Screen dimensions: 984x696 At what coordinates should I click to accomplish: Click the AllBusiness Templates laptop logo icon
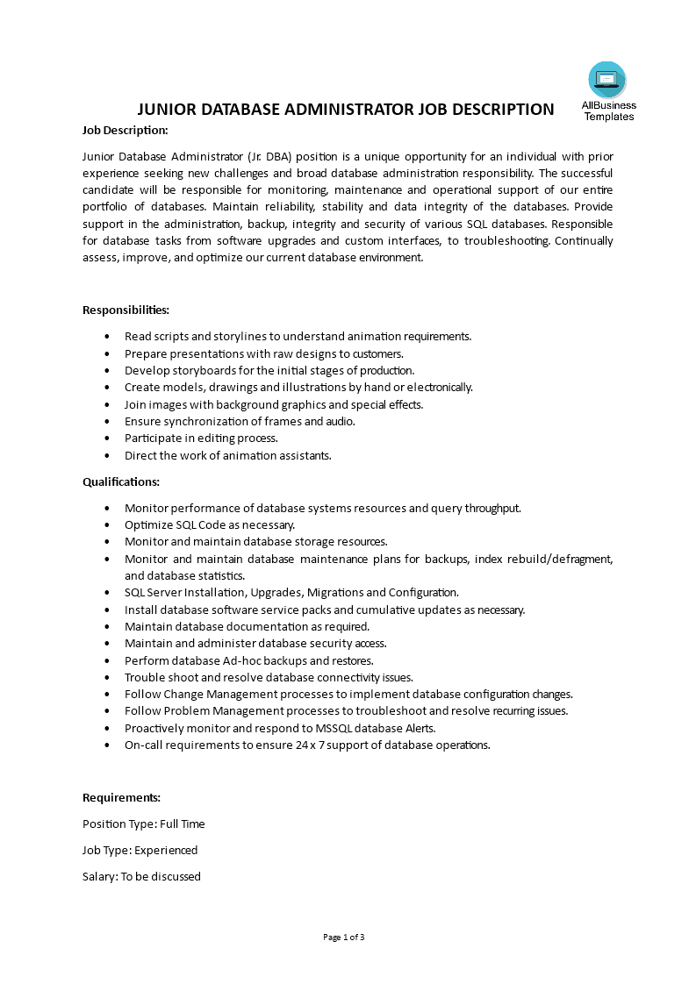click(x=607, y=81)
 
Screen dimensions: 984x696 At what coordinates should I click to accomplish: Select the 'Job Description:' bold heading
click(x=125, y=130)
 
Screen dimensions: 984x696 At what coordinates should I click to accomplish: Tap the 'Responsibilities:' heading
click(x=126, y=310)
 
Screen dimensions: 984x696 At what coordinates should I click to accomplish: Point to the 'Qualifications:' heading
click(x=121, y=481)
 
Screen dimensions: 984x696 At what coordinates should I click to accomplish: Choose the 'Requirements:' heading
click(x=121, y=797)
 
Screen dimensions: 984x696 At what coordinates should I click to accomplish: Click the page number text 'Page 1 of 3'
click(x=343, y=937)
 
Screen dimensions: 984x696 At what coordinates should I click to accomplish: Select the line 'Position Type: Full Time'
click(x=144, y=824)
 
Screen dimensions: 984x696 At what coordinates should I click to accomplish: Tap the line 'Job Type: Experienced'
click(x=140, y=850)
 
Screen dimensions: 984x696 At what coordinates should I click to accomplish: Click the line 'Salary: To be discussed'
click(x=141, y=876)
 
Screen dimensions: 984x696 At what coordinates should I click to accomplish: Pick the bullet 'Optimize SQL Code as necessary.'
click(x=210, y=524)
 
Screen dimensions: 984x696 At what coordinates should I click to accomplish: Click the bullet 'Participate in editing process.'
click(x=201, y=438)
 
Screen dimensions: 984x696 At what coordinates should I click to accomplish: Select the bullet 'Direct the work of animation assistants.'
click(x=227, y=455)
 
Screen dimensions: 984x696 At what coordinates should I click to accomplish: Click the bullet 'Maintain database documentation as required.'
click(x=247, y=626)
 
